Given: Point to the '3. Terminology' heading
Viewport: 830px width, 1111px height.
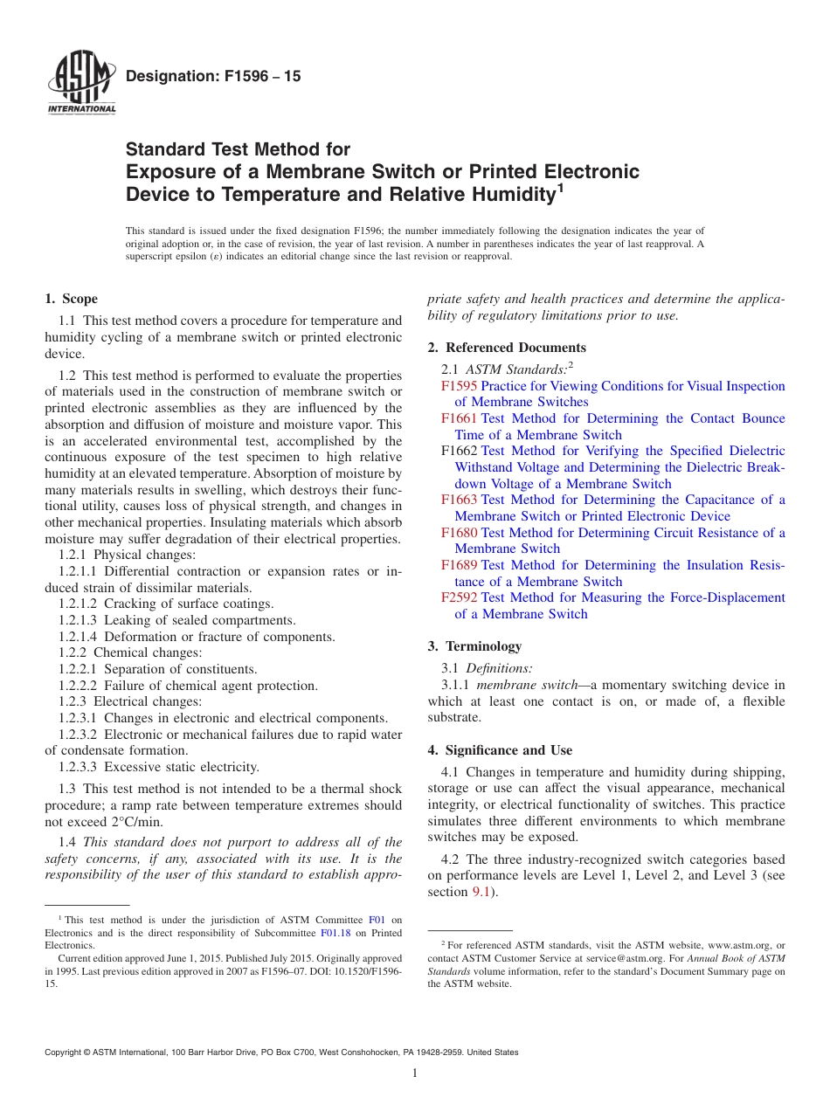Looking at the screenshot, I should click(474, 646).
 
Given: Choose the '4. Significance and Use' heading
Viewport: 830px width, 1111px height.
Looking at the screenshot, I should click(500, 750).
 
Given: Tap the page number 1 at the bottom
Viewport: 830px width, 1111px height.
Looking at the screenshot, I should click(415, 1073).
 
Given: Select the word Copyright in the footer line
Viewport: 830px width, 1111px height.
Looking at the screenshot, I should click(66, 1052).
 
